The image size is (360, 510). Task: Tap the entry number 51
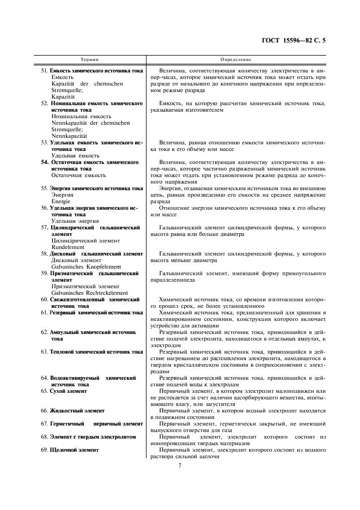click(x=45, y=71)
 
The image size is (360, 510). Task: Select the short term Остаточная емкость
click(x=78, y=175)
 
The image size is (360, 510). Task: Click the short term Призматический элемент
click(x=85, y=286)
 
